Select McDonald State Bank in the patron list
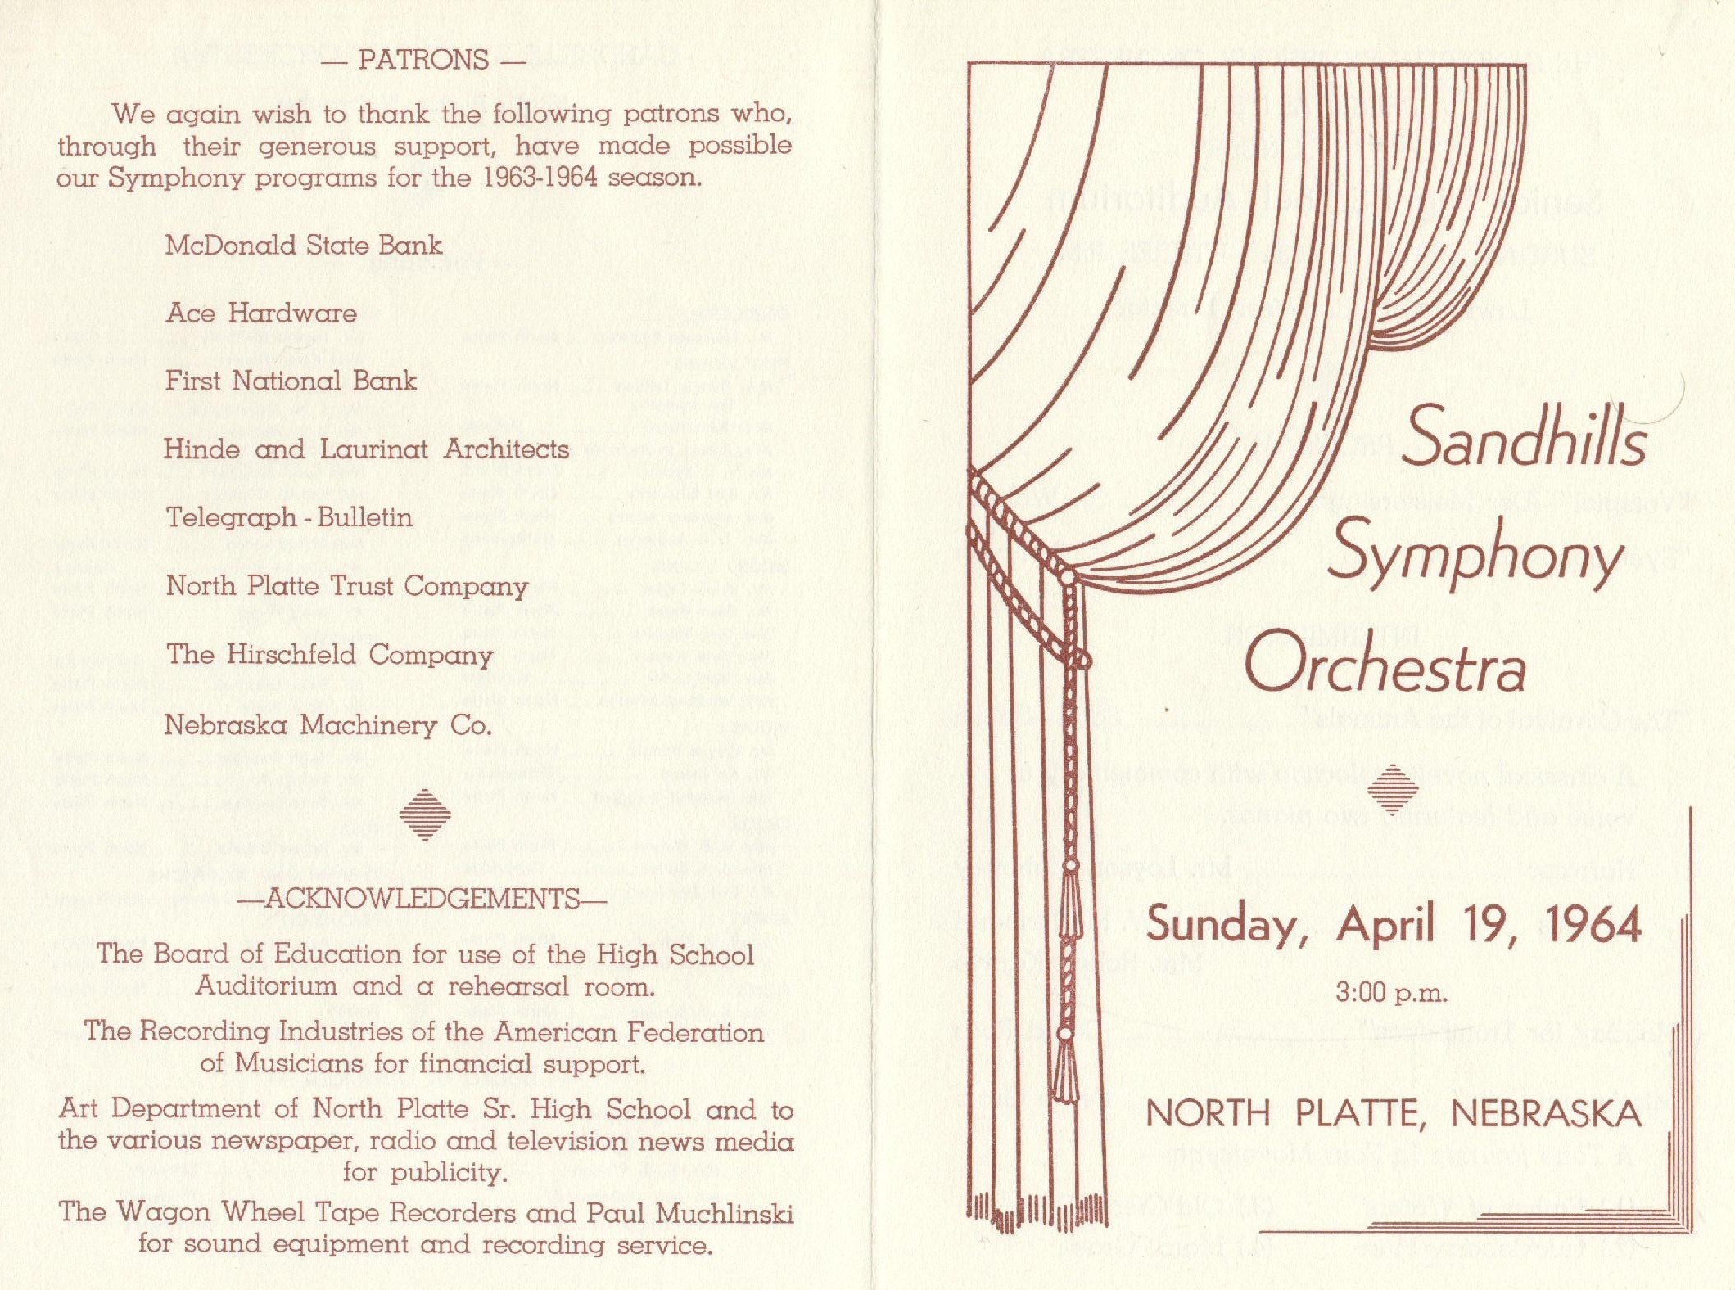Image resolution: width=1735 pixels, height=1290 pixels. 303,245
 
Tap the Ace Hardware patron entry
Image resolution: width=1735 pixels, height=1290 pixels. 261,313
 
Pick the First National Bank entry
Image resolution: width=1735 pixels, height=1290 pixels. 291,381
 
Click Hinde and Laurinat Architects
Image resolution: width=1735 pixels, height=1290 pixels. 366,449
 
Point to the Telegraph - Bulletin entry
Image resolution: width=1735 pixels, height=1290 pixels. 289,517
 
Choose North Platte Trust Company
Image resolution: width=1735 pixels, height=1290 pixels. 346,586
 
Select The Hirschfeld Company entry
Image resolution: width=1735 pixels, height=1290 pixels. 329,655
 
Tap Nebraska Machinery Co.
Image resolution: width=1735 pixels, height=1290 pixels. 328,725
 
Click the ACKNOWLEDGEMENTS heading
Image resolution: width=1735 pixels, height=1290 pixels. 422,899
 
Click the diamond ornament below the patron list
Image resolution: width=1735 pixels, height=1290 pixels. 425,814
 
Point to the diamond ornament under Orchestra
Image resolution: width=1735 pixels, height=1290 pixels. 1393,788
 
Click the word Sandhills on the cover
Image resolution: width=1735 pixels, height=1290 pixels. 1524,438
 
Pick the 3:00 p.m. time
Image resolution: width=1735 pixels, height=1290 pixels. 1391,994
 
